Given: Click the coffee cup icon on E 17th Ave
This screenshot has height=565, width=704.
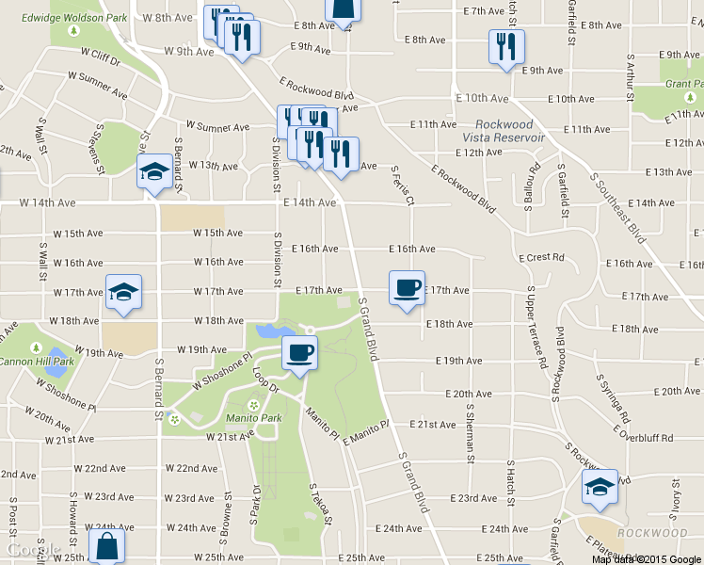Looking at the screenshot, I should (407, 288).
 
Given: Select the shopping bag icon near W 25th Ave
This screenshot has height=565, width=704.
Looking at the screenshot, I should (106, 546).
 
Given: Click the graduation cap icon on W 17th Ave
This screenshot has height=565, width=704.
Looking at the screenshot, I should (122, 293).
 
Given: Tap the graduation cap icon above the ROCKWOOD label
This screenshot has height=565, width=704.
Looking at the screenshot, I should (599, 487).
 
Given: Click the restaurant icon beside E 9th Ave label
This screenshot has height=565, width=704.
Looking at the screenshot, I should (506, 47).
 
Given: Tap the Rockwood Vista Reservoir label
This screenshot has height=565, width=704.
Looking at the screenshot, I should (510, 131).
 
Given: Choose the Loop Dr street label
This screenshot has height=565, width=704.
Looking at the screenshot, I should (267, 379).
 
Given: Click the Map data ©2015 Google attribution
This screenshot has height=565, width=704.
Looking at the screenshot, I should (646, 558).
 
